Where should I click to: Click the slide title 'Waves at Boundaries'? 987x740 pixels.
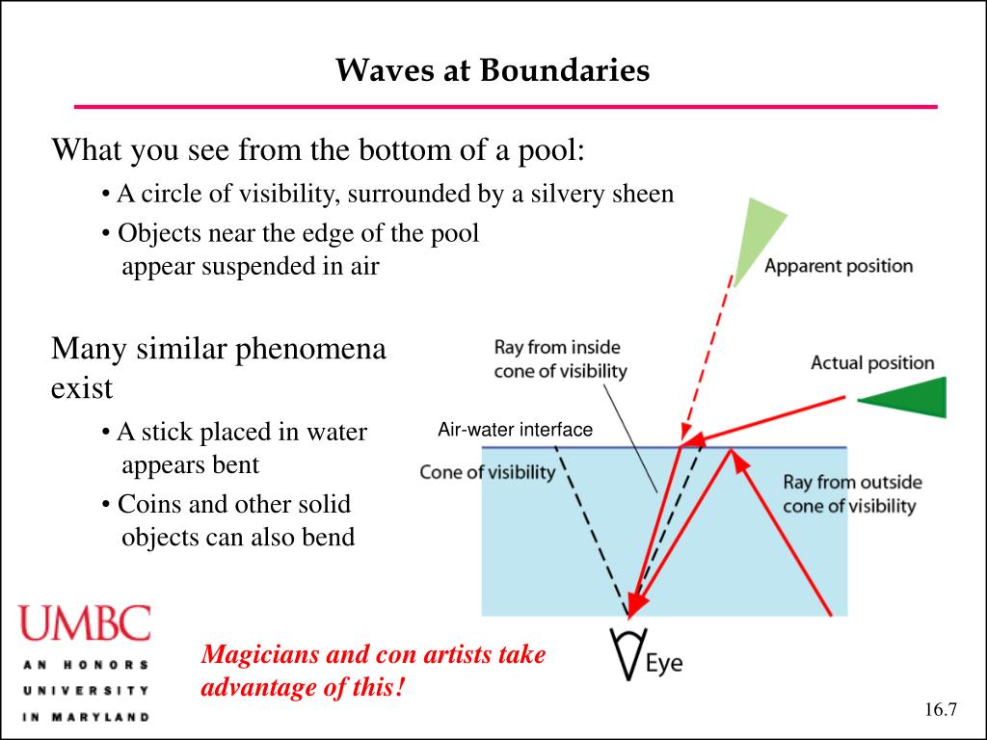(x=493, y=70)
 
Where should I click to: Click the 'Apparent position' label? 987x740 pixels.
(x=839, y=266)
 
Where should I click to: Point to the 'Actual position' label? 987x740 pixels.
(x=872, y=363)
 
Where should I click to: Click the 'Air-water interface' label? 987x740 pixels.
(x=515, y=430)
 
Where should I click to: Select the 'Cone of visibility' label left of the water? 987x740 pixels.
(x=487, y=472)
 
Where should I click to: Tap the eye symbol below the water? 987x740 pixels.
(x=627, y=654)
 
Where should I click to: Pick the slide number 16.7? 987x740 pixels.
(x=940, y=710)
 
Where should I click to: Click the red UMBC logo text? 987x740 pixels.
(x=86, y=623)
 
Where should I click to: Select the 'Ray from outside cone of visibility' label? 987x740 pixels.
(x=851, y=493)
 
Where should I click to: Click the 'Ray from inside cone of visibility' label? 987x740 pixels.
(x=560, y=358)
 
